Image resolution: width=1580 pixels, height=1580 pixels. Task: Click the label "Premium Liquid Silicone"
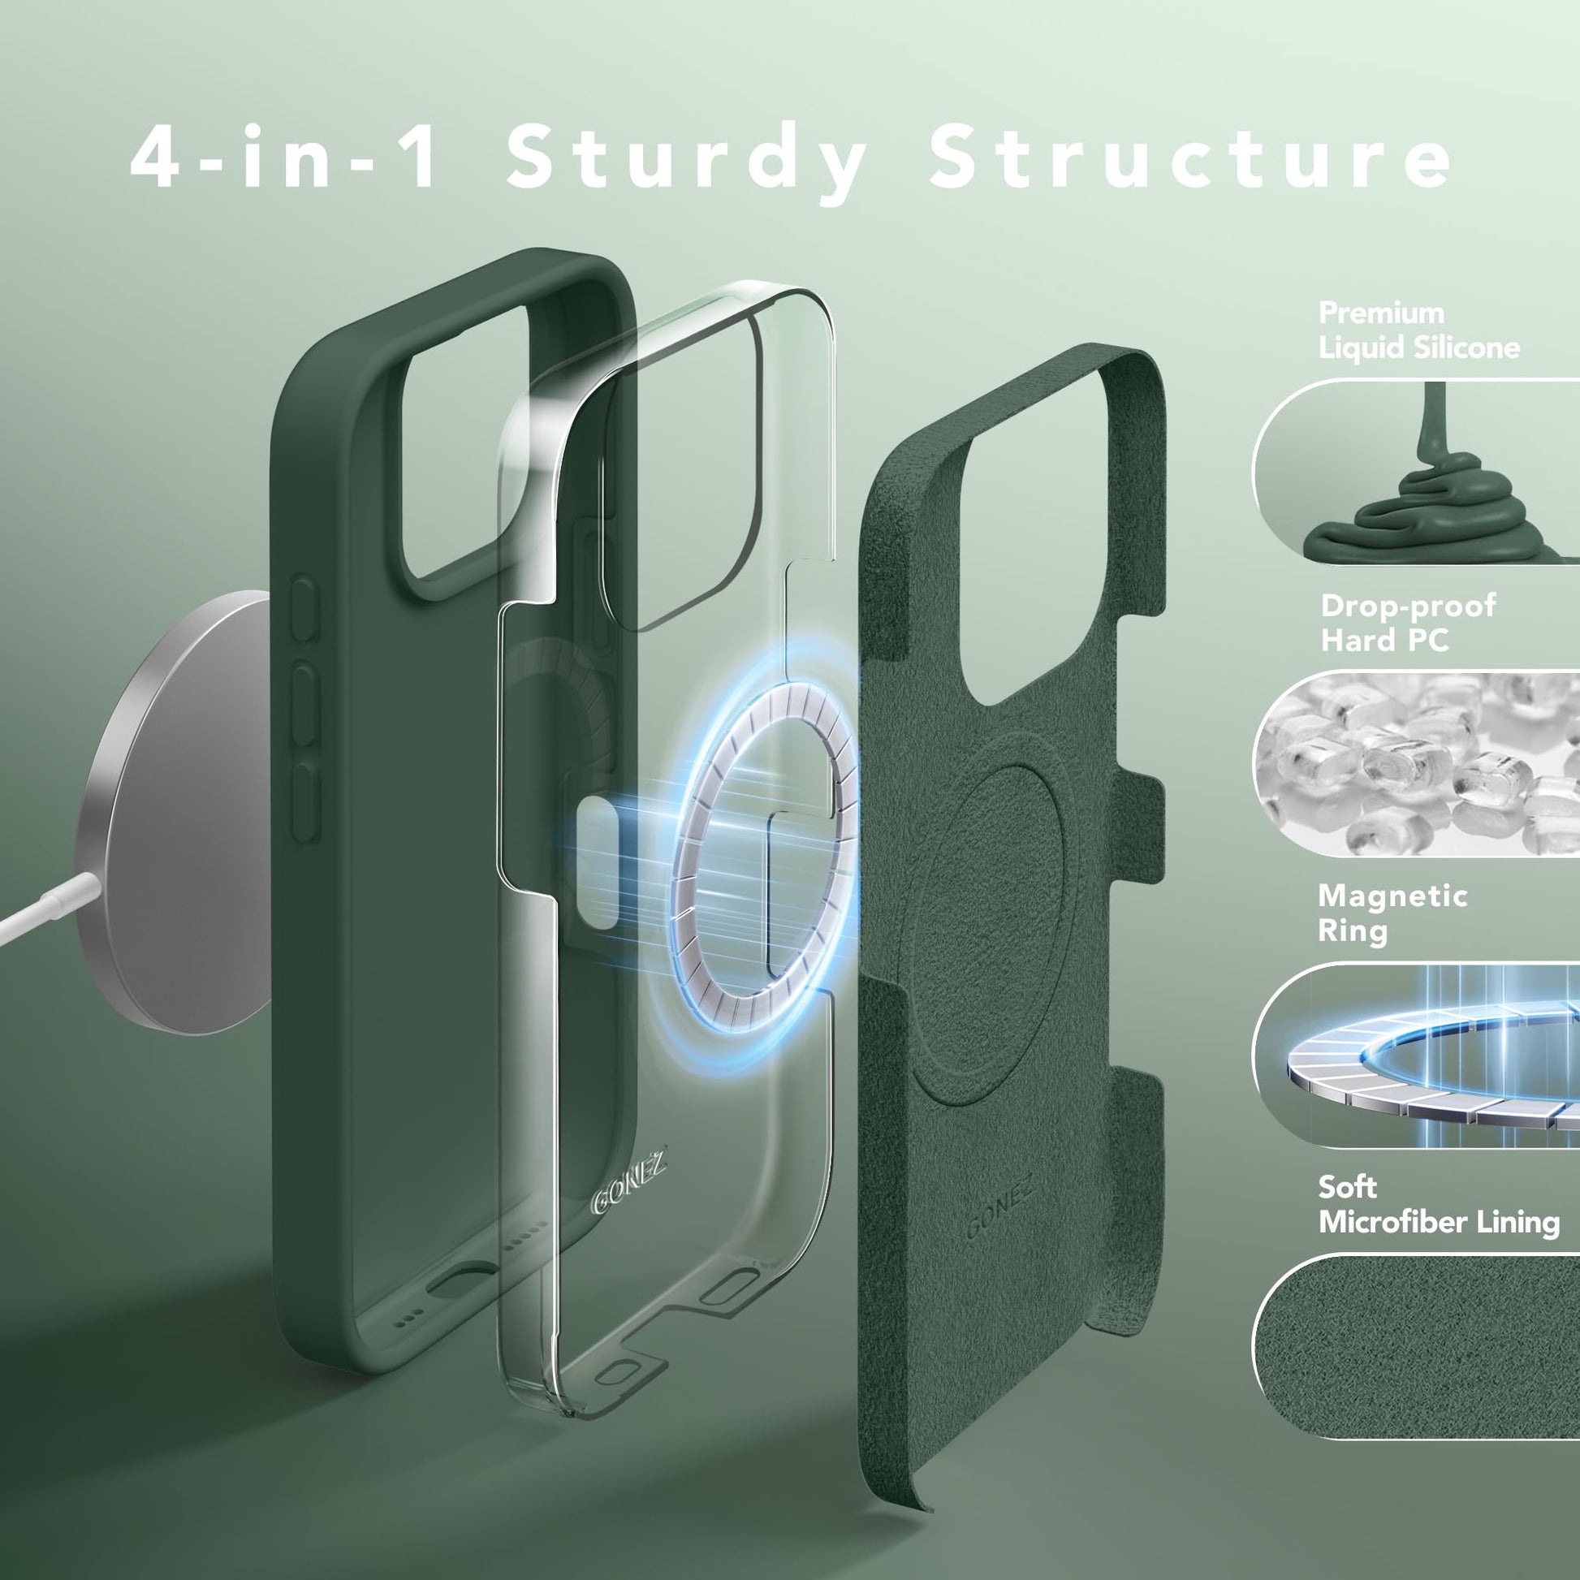click(x=1420, y=330)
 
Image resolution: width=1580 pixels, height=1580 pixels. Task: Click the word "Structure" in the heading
click(x=1191, y=158)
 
